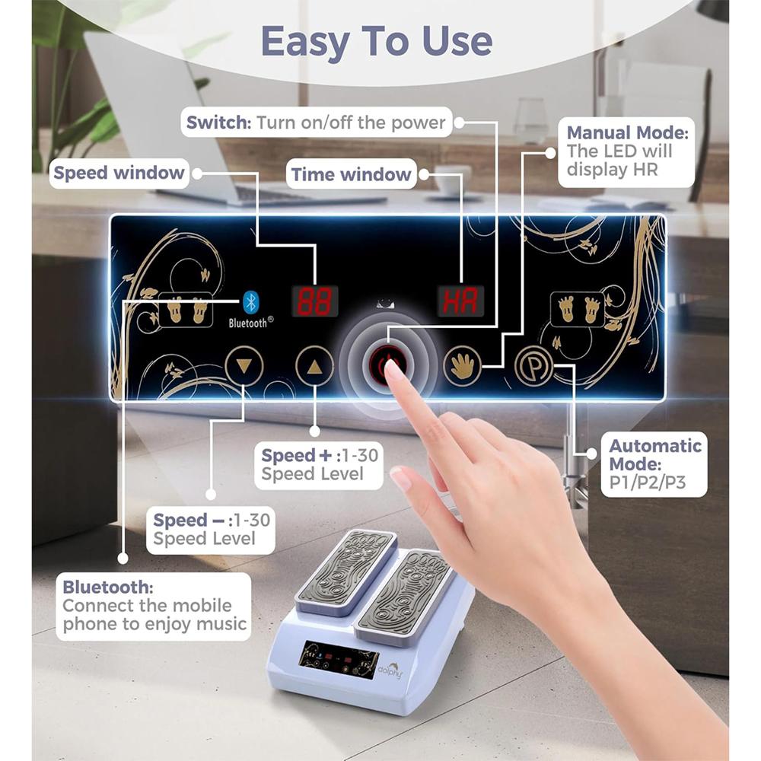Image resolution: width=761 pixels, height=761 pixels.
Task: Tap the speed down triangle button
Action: pos(244,366)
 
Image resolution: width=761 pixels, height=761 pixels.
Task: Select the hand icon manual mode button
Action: pos(463,366)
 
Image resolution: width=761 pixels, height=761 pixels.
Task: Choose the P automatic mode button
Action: pos(533,366)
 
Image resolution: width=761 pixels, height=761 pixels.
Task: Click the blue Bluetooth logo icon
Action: pos(250,302)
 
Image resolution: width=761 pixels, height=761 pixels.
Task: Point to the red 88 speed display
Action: pos(314,302)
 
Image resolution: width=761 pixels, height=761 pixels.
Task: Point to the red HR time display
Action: pos(460,302)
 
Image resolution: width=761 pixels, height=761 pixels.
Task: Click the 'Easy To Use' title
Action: pos(377,41)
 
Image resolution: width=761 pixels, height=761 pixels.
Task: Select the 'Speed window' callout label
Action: pos(119,173)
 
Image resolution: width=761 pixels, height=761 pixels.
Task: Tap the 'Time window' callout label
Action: pos(351,174)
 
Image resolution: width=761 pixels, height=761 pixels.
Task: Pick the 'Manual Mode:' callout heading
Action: pos(627,132)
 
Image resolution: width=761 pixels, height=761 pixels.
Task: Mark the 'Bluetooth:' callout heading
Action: pos(107,587)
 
